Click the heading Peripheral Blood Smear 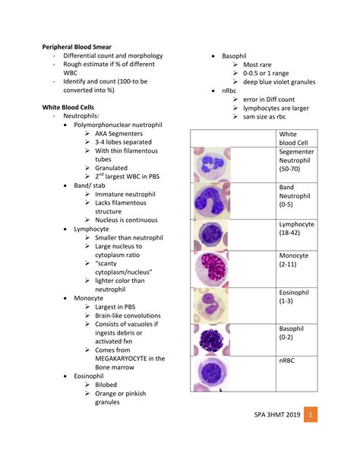77,47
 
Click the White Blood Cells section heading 68,107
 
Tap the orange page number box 311,414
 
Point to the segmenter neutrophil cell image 212,165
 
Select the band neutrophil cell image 212,201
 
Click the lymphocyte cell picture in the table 211,235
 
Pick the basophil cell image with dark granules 211,340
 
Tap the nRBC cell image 211,373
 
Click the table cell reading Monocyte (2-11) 296,269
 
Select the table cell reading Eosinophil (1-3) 296,306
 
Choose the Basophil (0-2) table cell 296,340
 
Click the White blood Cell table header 296,138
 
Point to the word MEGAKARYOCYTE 121,359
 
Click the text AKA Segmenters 118,134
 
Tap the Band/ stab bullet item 90,185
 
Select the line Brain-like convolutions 128,315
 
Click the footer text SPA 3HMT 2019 277,414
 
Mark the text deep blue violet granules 279,82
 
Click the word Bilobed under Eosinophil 106,385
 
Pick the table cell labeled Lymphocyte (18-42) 296,235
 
